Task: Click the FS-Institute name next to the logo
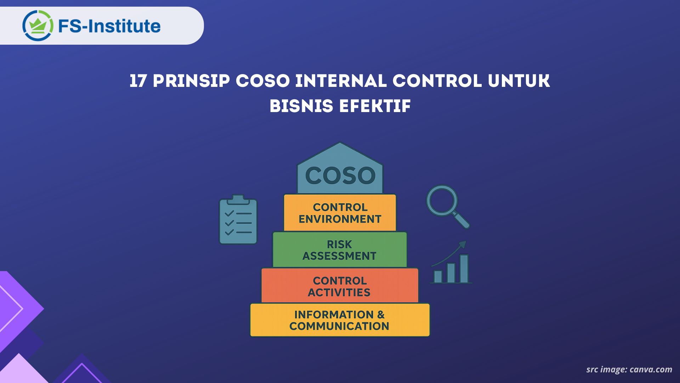pyautogui.click(x=109, y=26)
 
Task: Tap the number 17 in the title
pyautogui.click(x=138, y=81)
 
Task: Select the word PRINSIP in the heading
pyautogui.click(x=191, y=81)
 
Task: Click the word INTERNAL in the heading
pyautogui.click(x=341, y=81)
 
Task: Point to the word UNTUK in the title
pyautogui.click(x=519, y=81)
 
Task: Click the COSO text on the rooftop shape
pyautogui.click(x=340, y=176)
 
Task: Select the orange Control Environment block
pyautogui.click(x=340, y=213)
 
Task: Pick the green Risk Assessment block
pyautogui.click(x=340, y=250)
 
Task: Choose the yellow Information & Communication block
pyautogui.click(x=340, y=320)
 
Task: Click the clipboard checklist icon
pyautogui.click(x=238, y=222)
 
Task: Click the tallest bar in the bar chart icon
pyautogui.click(x=464, y=269)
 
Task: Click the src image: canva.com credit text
pyautogui.click(x=629, y=370)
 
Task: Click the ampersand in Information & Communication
pyautogui.click(x=381, y=315)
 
